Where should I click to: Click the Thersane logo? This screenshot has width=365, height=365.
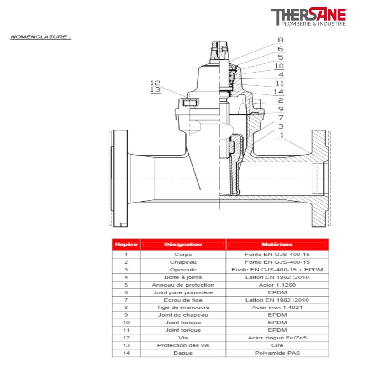[308, 17]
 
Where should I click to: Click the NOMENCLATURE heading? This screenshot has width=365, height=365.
[41, 36]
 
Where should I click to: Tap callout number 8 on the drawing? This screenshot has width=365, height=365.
[280, 40]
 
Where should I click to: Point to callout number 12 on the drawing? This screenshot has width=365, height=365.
[155, 83]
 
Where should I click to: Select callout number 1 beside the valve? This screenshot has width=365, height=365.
[282, 135]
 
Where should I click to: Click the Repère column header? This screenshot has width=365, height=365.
[125, 245]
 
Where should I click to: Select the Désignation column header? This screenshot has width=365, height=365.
[183, 245]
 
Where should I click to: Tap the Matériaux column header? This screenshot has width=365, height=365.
[277, 245]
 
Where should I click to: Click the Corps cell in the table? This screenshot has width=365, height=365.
[183, 255]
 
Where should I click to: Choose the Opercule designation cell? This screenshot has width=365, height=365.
[183, 270]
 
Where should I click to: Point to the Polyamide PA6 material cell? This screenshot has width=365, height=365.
[277, 353]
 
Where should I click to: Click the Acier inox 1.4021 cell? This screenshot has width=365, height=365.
[277, 308]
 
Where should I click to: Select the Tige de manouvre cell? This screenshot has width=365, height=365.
[183, 308]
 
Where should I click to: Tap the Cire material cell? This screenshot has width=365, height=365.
[277, 345]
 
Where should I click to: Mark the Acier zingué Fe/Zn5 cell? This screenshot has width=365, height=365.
[277, 338]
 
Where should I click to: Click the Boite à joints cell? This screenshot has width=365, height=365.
[183, 277]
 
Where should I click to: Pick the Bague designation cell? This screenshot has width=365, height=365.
[183, 353]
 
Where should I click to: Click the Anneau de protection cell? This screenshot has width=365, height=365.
[183, 285]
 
